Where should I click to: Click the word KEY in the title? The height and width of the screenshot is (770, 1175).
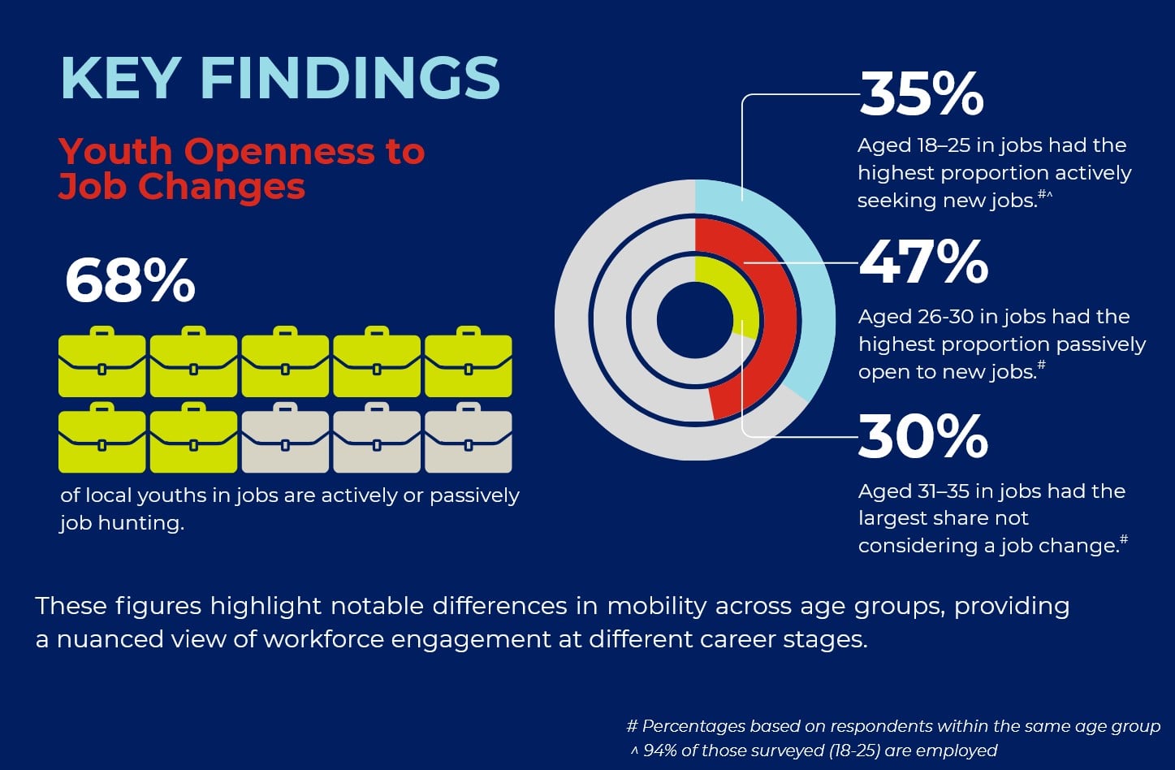coord(120,78)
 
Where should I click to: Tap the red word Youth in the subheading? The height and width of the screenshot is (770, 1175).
coord(115,152)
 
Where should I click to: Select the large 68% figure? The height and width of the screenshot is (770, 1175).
coord(130,281)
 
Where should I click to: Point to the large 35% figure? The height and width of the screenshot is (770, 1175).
coord(921,94)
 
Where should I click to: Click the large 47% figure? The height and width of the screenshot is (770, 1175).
coord(923,262)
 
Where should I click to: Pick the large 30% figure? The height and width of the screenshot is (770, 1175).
coord(922,436)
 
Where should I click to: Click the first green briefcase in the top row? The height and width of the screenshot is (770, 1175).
coord(102,362)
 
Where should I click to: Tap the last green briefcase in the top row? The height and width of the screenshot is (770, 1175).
coord(469,362)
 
